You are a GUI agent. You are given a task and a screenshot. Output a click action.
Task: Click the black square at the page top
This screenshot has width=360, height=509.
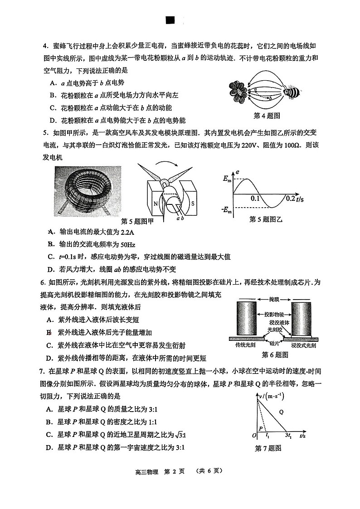tap(170, 20)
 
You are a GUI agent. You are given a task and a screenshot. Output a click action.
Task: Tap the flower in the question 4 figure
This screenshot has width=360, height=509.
tap(238, 92)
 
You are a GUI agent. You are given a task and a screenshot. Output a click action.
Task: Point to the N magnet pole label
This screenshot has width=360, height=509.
tap(156, 204)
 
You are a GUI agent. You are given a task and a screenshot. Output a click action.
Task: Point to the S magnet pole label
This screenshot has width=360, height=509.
tap(192, 204)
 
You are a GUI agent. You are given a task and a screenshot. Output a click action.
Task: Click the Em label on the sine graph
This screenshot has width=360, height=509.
tap(227, 179)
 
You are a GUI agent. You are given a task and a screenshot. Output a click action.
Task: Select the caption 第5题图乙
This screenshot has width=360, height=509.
tap(266, 219)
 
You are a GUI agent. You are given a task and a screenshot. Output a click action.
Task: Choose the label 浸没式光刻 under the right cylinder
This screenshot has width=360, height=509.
tap(303, 345)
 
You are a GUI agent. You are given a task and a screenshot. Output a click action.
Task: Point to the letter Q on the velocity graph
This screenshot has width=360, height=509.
tap(281, 412)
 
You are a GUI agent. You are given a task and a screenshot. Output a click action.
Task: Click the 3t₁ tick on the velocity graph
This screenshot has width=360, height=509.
tap(288, 435)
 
